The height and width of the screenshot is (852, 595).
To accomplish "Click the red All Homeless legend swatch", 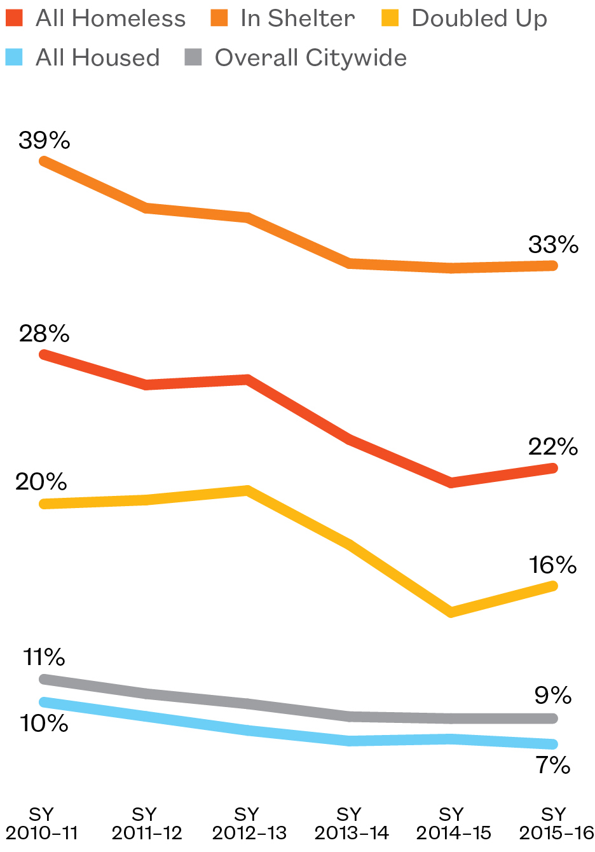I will (14, 18).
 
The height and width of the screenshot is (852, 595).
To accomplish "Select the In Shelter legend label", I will (297, 18).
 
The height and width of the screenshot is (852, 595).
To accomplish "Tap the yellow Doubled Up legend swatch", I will (390, 18).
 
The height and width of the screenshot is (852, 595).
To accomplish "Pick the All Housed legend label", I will (98, 58).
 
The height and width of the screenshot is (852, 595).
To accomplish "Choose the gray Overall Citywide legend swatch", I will (193, 58).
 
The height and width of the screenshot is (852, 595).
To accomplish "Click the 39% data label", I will (44, 140).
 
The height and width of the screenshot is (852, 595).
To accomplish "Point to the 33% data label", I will (553, 244).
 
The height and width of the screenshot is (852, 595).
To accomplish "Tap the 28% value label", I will (44, 333).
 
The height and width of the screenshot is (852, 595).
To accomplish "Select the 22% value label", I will (553, 447).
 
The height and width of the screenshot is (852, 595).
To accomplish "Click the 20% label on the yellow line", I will (41, 482).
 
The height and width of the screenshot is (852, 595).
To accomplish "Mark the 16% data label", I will (552, 564).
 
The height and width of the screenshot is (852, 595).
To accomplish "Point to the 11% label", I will (44, 656).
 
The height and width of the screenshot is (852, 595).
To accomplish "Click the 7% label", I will (552, 765).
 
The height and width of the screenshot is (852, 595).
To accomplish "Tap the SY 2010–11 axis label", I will (42, 823).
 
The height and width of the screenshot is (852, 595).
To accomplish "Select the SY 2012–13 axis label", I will (247, 823).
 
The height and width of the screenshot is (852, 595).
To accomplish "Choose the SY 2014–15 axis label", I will (452, 823).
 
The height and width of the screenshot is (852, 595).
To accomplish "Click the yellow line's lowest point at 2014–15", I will (451, 612).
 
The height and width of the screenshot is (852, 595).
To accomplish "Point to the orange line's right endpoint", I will (553, 266).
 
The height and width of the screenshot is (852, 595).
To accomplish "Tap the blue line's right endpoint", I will (553, 744).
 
